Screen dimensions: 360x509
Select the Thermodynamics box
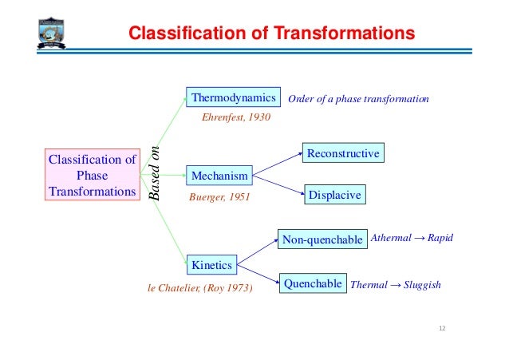234,98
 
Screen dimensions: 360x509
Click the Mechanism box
219,174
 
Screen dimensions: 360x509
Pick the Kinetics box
211,264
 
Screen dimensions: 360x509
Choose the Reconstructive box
343,152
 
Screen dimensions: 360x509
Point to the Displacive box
334,195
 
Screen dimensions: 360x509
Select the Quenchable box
313,283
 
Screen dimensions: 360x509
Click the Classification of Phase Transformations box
93,176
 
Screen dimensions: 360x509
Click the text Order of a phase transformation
358,99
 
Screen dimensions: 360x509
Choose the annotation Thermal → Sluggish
396,284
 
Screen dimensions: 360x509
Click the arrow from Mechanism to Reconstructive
277,163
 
